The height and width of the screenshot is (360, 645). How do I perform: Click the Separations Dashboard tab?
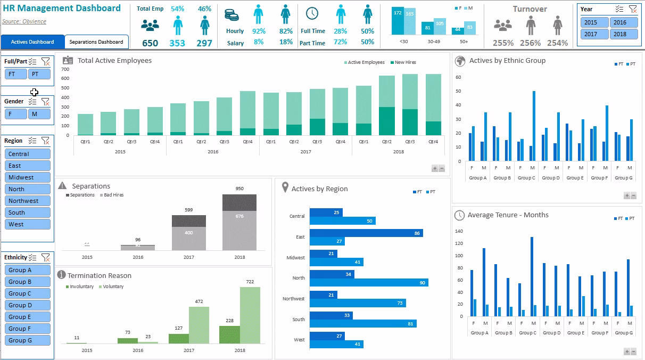click(x=96, y=42)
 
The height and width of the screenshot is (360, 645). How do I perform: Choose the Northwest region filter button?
click(x=28, y=201)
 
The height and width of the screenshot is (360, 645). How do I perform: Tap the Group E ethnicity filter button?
click(x=28, y=317)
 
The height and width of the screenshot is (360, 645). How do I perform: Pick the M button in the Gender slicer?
click(x=39, y=114)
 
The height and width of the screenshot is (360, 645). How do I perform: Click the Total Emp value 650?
click(x=150, y=43)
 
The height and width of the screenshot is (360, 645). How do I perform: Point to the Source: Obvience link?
click(x=24, y=21)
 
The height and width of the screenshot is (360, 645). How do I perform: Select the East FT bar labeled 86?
click(x=366, y=233)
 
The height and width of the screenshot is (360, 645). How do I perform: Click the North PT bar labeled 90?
click(x=368, y=282)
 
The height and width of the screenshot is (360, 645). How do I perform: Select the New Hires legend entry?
click(x=404, y=62)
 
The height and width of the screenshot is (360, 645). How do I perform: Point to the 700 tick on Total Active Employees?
click(x=66, y=69)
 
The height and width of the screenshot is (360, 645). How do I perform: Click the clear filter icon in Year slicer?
click(x=632, y=9)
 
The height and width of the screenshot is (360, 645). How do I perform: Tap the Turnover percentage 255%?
click(x=503, y=43)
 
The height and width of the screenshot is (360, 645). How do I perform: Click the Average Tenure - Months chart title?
click(x=508, y=215)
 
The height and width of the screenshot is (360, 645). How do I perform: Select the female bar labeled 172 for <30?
click(x=397, y=21)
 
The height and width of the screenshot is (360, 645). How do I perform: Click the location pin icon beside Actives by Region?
click(x=285, y=187)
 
